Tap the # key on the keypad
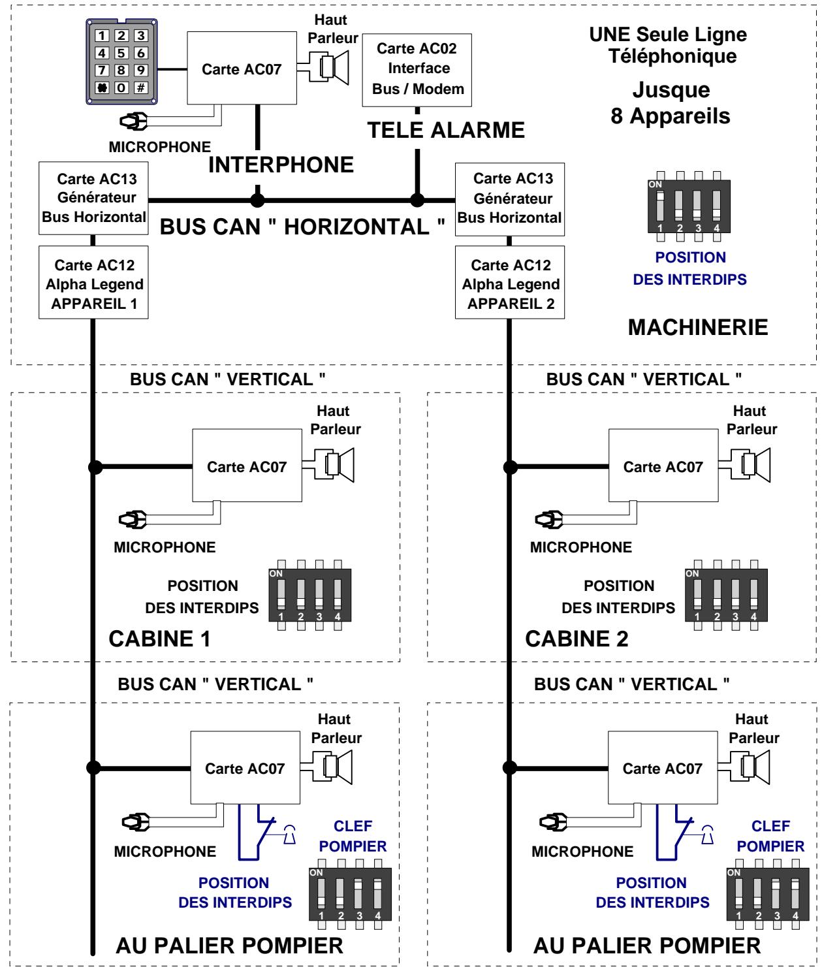click(140, 88)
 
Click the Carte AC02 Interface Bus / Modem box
click(417, 70)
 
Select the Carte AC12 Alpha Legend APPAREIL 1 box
click(93, 282)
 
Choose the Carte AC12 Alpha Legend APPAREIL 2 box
click(510, 282)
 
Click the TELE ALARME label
click(446, 130)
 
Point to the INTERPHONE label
click(281, 165)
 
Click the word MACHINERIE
click(698, 327)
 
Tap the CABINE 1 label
click(159, 639)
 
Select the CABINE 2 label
click(577, 639)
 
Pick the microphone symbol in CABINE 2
click(548, 520)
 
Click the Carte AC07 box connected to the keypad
click(242, 68)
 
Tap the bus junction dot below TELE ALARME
click(417, 200)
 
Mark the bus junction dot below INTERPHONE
click(257, 200)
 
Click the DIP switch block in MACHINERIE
click(689, 206)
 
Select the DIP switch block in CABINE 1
click(309, 595)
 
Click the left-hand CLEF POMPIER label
click(353, 836)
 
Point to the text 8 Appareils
click(671, 116)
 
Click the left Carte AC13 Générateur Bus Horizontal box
click(93, 199)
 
